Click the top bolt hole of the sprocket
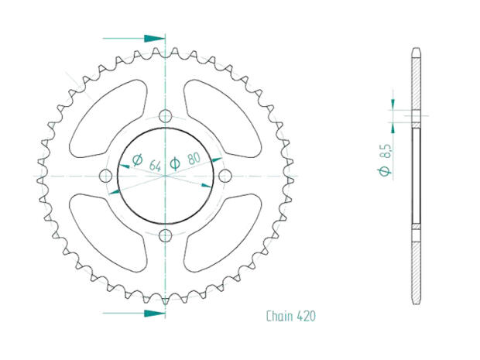(x=165, y=116)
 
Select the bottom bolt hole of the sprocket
(x=165, y=236)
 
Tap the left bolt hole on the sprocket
(x=105, y=176)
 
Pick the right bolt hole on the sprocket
(x=225, y=176)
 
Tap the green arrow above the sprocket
(x=135, y=37)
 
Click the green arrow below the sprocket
(x=135, y=314)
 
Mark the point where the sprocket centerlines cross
(x=165, y=177)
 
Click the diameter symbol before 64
(x=137, y=161)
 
